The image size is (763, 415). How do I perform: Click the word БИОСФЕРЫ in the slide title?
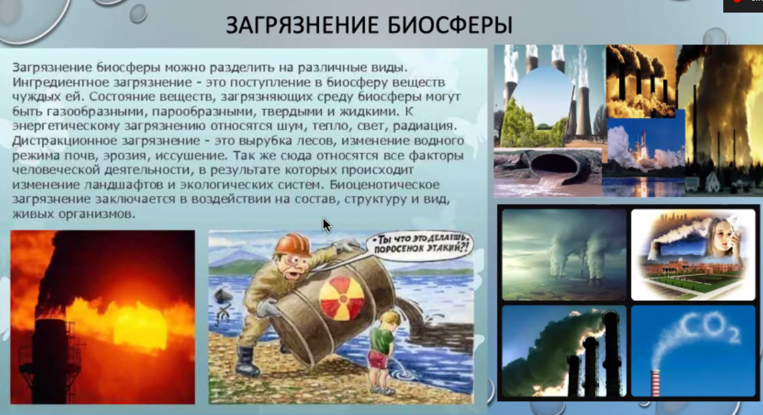(x=450, y=25)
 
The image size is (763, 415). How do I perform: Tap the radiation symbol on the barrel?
(x=342, y=298)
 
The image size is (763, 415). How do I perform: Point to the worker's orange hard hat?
(x=293, y=245)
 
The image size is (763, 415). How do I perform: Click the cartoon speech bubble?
(x=421, y=246)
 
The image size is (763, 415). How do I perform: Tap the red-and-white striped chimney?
(x=655, y=383)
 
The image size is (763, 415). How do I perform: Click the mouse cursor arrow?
(x=327, y=225)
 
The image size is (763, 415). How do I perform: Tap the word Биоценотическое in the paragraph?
(x=385, y=185)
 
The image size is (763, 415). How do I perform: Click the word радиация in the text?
(x=425, y=126)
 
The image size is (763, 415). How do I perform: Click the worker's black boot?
(x=247, y=361)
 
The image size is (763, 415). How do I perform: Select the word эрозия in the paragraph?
(x=125, y=156)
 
